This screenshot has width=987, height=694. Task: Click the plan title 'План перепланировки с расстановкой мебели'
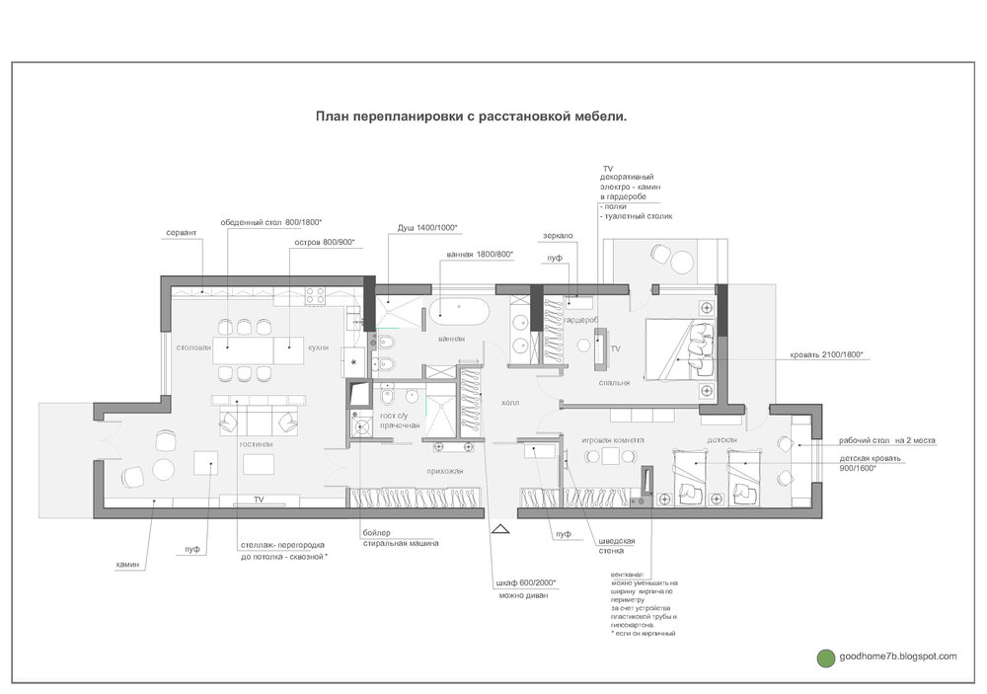pos(471,116)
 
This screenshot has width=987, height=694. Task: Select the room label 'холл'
pos(510,403)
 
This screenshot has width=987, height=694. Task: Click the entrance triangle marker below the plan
pos(500,530)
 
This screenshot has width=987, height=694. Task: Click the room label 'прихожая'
pos(444,471)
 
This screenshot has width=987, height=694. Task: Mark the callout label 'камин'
pos(127,565)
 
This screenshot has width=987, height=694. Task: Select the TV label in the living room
pos(259,501)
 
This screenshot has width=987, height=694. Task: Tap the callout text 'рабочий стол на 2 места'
pos(887,440)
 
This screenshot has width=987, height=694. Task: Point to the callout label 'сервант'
pos(182,232)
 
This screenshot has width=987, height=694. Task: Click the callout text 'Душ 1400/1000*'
pos(426,227)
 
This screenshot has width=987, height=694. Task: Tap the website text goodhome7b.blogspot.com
pos(896,656)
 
